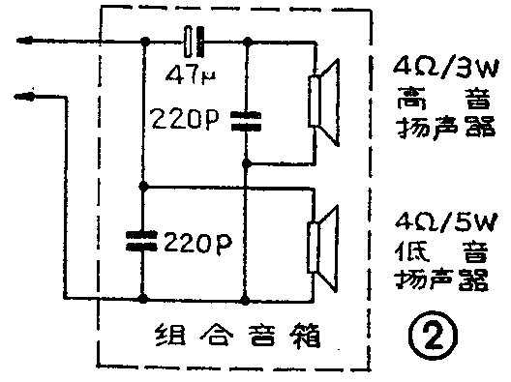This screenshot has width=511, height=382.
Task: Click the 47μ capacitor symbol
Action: coord(195,42)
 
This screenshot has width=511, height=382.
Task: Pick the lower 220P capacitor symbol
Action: coord(143,237)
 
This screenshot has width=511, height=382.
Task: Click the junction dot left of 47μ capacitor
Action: coord(143,42)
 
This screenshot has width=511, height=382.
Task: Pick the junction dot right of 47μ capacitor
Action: coord(248,42)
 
